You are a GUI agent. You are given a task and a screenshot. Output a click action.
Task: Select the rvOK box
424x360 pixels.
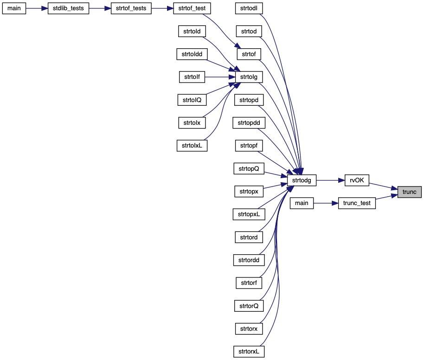pos(357,180)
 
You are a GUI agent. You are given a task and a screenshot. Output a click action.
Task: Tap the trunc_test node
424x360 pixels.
pos(356,203)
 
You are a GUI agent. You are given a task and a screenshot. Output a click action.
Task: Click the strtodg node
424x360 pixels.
pos(302,180)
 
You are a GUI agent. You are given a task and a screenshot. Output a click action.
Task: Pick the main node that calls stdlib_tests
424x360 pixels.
pos(14,9)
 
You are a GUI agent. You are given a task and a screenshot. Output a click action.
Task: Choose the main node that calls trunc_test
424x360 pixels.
pos(302,203)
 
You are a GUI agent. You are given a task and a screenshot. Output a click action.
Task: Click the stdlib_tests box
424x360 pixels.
pos(69,9)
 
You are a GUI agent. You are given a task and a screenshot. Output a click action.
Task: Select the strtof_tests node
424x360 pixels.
pos(131,9)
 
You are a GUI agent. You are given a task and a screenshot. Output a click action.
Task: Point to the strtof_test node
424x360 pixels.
pos(192,9)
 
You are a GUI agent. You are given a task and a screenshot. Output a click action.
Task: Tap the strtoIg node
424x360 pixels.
pos(249,77)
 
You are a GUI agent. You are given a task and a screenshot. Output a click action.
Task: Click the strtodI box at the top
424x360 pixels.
pos(249,9)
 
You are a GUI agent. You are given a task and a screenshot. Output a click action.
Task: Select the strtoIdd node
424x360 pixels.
pos(192,54)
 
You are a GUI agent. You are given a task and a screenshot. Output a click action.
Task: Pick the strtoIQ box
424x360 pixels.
pos(192,100)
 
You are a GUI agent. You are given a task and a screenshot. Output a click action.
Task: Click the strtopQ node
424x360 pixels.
pos(249,168)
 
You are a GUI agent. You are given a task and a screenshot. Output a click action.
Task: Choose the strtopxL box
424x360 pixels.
pos(249,214)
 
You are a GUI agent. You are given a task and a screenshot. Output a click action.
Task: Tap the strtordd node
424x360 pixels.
pos(249,259)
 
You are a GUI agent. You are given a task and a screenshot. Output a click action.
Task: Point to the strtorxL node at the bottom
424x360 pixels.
pos(249,351)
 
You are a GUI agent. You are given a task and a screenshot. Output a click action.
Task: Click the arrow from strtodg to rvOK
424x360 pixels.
pos(330,180)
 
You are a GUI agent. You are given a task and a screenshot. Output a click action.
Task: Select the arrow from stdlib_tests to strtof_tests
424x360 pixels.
pos(100,9)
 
